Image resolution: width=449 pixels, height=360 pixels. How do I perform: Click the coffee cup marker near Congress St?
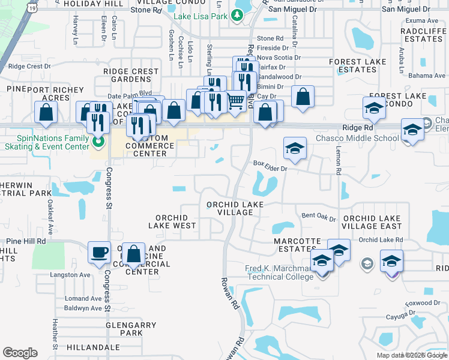pyautogui.click(x=100, y=253)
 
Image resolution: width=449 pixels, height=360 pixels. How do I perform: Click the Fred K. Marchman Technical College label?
pyautogui.click(x=280, y=272)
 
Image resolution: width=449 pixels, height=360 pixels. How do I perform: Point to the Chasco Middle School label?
pyautogui.click(x=357, y=139)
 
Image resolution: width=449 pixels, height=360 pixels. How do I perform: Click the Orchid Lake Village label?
pyautogui.click(x=229, y=208)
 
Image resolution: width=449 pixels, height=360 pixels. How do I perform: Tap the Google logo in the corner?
pyautogui.click(x=20, y=353)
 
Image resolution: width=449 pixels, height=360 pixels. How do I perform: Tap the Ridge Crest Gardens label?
pyautogui.click(x=131, y=75)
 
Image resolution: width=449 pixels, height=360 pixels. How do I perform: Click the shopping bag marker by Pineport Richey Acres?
pyautogui.click(x=46, y=112)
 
